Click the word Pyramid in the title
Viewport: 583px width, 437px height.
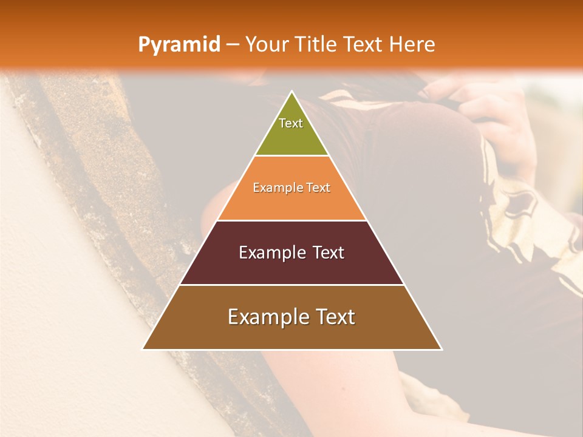coord(179,44)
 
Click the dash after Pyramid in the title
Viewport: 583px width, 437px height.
coord(232,45)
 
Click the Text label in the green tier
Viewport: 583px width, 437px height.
coord(291,123)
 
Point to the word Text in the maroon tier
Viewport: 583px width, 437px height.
coord(329,252)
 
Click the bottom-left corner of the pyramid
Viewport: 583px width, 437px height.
coord(143,349)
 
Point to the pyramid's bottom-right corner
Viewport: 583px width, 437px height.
coord(441,349)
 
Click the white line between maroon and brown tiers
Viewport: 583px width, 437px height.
coord(291,285)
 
